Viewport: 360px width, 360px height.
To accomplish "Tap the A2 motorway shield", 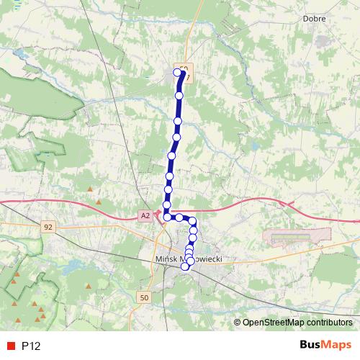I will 145,215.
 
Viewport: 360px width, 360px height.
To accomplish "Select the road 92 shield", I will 48,227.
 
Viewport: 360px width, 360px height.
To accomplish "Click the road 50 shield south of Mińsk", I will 145,297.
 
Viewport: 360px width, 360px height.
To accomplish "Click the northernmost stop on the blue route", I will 178,72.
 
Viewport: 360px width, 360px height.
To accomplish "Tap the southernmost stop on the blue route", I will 185,266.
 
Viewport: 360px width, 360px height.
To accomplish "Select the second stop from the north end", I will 179,95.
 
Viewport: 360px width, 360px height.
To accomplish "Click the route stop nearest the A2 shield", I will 167,216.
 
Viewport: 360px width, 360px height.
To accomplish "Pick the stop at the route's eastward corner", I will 192,221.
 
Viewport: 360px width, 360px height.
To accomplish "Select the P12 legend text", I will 31,346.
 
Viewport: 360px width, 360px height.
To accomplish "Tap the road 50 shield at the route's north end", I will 184,69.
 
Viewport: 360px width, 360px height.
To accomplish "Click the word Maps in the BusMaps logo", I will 336,346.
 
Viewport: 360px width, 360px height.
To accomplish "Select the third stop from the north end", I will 177,121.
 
